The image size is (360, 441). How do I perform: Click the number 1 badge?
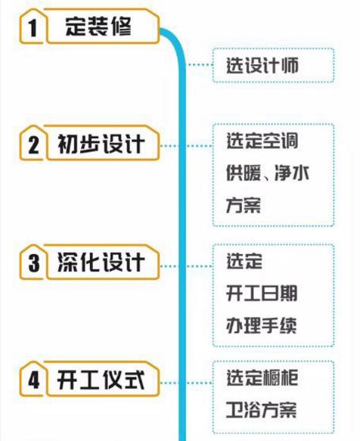click(x=33, y=27)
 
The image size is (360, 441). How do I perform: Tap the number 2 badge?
click(x=33, y=144)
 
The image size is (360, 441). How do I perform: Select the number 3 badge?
click(x=33, y=262)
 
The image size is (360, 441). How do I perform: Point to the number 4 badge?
click(x=33, y=380)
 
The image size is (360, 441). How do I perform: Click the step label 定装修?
click(x=98, y=26)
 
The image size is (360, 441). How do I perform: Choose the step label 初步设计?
click(x=101, y=144)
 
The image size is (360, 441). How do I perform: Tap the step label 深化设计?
click(x=101, y=262)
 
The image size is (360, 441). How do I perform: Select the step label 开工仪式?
click(x=101, y=380)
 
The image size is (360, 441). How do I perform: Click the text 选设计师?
click(x=262, y=65)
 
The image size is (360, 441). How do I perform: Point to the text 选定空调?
click(x=262, y=141)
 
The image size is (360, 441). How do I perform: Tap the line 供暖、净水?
click(x=268, y=172)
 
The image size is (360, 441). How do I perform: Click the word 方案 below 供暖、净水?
click(x=244, y=205)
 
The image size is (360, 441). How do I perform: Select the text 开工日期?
click(x=262, y=293)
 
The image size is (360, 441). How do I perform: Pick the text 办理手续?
click(x=262, y=325)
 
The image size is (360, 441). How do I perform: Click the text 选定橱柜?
click(x=262, y=377)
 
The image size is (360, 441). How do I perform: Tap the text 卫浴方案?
click(x=262, y=410)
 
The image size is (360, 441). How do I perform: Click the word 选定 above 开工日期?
click(x=244, y=261)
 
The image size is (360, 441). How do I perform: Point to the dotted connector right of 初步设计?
click(x=187, y=146)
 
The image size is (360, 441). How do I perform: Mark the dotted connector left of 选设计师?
click(x=200, y=65)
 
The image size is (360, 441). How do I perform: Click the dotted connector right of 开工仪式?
click(x=187, y=383)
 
